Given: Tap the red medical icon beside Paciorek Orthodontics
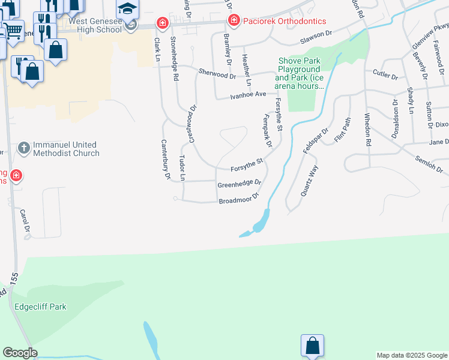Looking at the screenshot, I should pos(234,21).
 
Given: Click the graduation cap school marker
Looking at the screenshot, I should pos(127,9).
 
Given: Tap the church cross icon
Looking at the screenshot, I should pos(23,147).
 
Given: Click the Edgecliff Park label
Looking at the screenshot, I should pos(40,307).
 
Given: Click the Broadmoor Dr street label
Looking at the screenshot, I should pos(238,199).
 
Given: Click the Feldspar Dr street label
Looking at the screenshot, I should pos(316,141).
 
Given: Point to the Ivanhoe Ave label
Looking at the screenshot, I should pos(249,95).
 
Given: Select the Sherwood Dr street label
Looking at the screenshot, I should pos(217,74).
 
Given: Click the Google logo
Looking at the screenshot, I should pos(20,353).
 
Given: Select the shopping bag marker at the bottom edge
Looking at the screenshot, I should pos(312,346).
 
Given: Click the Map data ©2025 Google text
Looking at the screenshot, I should pos(412,355).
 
